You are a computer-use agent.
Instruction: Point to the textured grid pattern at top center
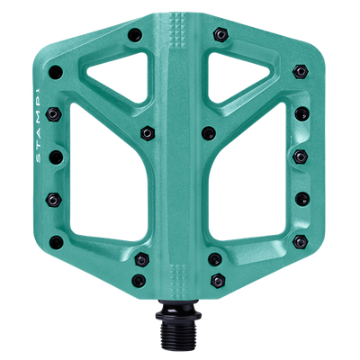(180, 50)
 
